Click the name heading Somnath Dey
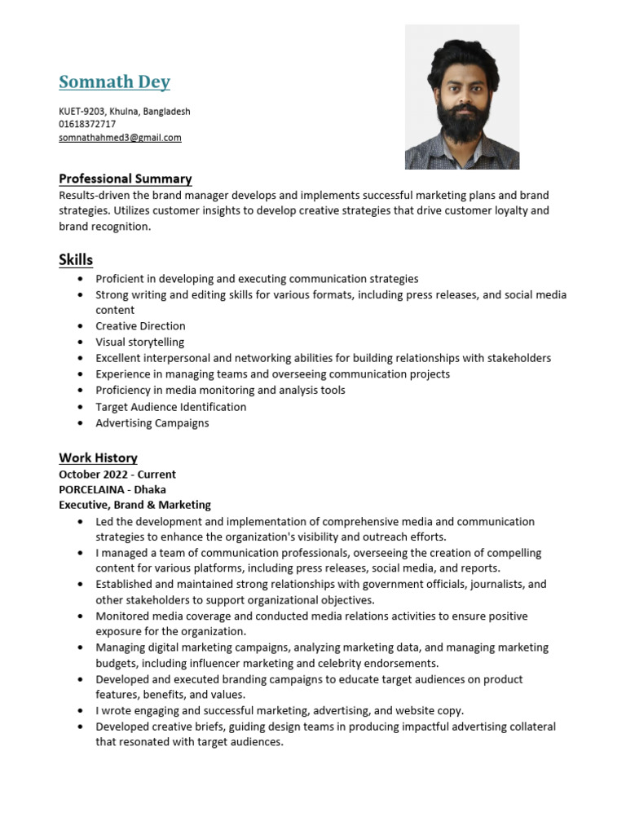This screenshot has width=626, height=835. point(114,82)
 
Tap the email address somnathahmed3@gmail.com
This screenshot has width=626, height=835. point(120,138)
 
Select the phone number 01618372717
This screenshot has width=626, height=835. point(87,125)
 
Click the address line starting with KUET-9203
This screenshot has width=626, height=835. point(124,111)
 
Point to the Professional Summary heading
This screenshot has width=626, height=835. point(125,179)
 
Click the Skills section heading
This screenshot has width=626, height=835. point(76,260)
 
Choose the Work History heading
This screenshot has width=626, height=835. point(98,457)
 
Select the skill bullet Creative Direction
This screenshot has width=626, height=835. point(140,326)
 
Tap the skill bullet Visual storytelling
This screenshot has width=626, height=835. point(139,342)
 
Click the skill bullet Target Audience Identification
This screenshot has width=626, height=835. point(170,407)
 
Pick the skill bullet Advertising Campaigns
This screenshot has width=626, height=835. point(152,423)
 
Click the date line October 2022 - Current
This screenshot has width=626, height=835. point(117,474)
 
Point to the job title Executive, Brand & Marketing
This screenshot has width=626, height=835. point(134,505)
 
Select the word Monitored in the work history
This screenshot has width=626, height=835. point(122,616)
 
